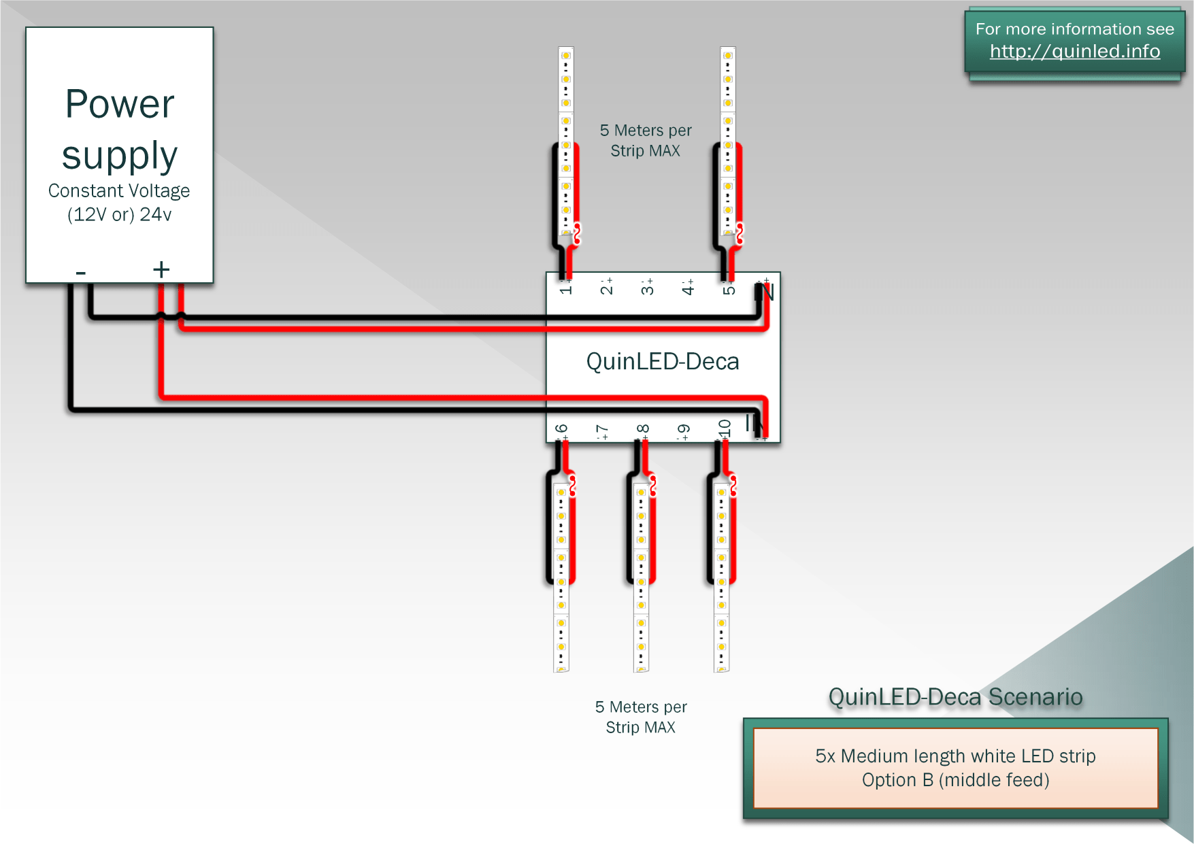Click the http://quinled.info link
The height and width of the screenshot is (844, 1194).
pyautogui.click(x=1074, y=51)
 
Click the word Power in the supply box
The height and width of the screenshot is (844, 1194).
pyautogui.click(x=120, y=104)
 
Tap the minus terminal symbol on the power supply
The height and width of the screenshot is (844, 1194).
pyautogui.click(x=81, y=273)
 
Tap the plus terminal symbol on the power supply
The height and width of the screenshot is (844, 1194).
pyautogui.click(x=161, y=270)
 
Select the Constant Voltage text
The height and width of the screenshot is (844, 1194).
pyautogui.click(x=119, y=190)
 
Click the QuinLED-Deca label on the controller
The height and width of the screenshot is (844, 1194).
pyautogui.click(x=662, y=361)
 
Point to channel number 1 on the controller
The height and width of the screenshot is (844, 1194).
pyautogui.click(x=565, y=289)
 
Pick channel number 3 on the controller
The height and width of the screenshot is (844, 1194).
pyautogui.click(x=647, y=289)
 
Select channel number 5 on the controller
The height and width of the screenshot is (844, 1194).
pyautogui.click(x=729, y=289)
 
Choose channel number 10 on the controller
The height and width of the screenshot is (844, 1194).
pyautogui.click(x=725, y=428)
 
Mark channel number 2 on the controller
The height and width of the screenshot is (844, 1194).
pyautogui.click(x=606, y=289)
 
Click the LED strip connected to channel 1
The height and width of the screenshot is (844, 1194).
pyautogui.click(x=565, y=136)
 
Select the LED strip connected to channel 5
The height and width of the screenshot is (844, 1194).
pyautogui.click(x=728, y=136)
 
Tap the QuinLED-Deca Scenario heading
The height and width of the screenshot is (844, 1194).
pyautogui.click(x=955, y=697)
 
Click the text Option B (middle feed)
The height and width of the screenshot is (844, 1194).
pyautogui.click(x=955, y=780)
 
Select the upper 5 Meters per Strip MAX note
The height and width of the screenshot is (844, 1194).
pyautogui.click(x=646, y=140)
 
